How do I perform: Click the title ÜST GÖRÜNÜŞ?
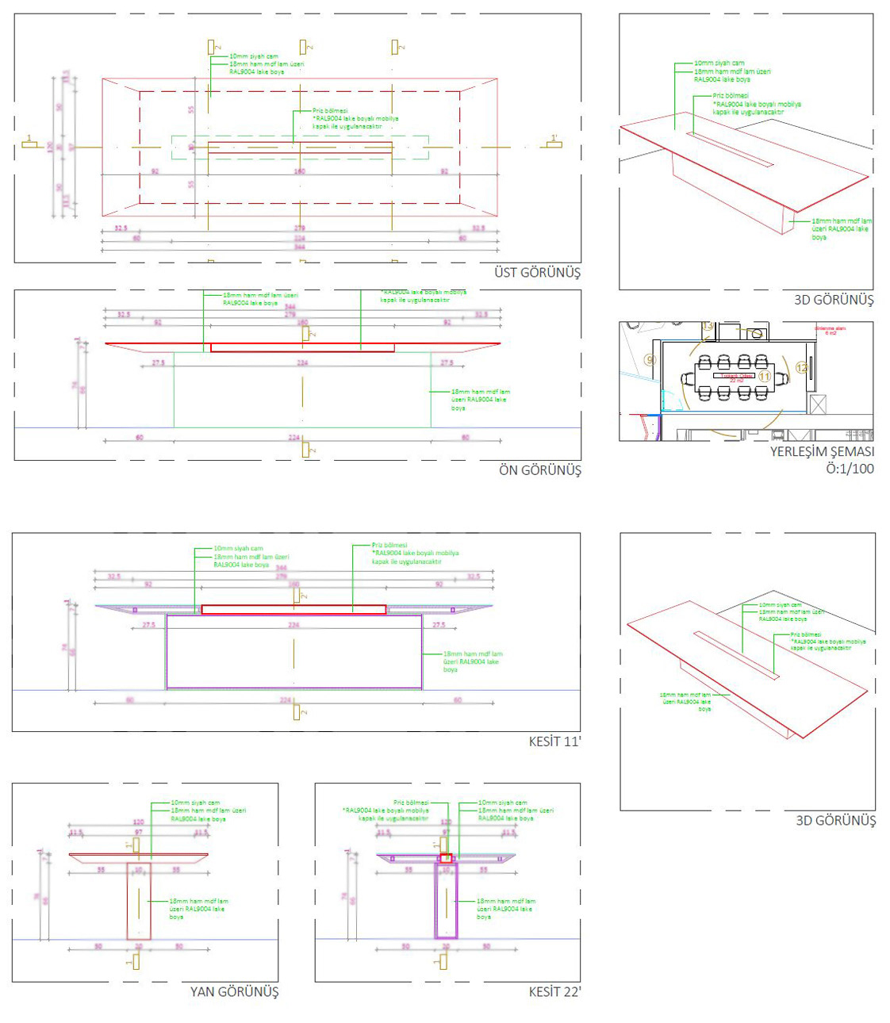coord(537,273)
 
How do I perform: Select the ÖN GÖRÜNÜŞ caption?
coord(539,470)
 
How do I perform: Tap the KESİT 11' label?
coord(554,741)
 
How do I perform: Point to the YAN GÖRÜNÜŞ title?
coord(234,991)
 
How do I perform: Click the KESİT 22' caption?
coord(554,991)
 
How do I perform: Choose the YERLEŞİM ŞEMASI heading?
coord(822,452)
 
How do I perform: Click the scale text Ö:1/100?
coord(850,469)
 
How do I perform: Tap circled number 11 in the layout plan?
coord(765,376)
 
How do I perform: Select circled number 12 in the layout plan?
coord(802,367)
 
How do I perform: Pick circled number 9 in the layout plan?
coord(650,360)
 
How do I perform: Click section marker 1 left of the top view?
coord(30,142)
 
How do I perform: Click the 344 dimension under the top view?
coord(300,247)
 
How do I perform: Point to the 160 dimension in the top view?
coord(300,171)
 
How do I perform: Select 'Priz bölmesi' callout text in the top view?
coord(330,111)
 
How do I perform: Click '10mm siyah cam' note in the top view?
coord(254,56)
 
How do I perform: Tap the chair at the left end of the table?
coord(687,378)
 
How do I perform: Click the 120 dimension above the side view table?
coord(138,822)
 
